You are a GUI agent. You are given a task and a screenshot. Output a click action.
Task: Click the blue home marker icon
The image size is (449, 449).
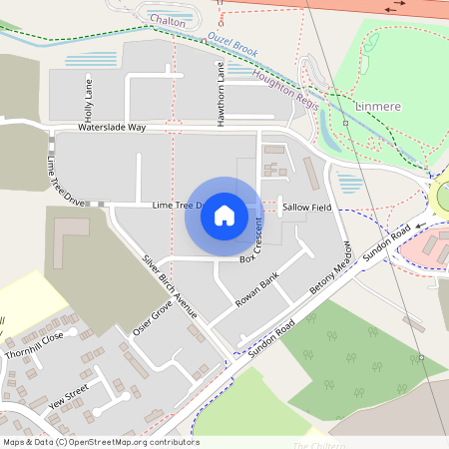(224, 216)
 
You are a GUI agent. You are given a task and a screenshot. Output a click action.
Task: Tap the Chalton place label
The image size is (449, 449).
(168, 19)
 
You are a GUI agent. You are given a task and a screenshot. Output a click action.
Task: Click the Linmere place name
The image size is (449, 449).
(377, 104)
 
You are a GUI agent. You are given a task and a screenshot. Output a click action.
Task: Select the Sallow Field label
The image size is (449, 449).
(305, 207)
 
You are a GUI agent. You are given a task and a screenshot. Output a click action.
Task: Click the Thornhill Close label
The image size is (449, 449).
(34, 339)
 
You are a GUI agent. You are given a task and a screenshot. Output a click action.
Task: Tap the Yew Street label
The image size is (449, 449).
(67, 395)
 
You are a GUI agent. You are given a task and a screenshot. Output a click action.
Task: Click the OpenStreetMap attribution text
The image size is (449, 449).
(101, 442)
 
